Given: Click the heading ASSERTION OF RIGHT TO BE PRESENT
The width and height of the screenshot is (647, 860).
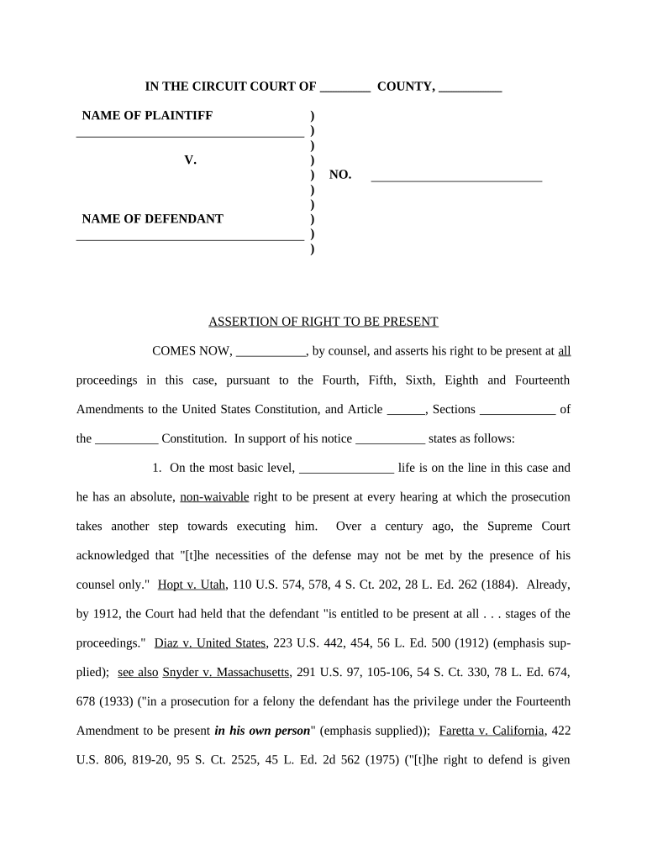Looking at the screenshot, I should click(x=323, y=322).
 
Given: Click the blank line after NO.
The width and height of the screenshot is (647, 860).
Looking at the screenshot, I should click(x=456, y=179).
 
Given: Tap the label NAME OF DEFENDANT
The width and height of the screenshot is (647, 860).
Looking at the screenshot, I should click(x=152, y=218).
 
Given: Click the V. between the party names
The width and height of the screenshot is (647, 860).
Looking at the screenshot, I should click(x=190, y=160).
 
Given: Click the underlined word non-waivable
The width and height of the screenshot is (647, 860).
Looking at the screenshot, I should click(x=214, y=496).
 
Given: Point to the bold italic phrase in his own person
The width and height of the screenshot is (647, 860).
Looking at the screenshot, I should click(x=262, y=731).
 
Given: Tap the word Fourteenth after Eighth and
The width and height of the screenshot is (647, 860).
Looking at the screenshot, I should click(x=541, y=380).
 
